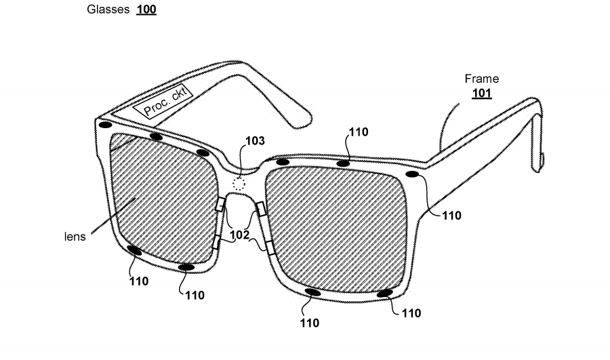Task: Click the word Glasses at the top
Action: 108,10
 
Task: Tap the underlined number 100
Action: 146,10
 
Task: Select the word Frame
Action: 481,79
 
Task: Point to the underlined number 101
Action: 481,93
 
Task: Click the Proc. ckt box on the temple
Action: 163,100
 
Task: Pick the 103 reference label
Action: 256,141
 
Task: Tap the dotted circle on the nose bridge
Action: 239,183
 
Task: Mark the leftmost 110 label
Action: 138,280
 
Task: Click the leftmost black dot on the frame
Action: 105,125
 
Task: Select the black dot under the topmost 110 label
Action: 344,163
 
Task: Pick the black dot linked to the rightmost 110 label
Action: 411,175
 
